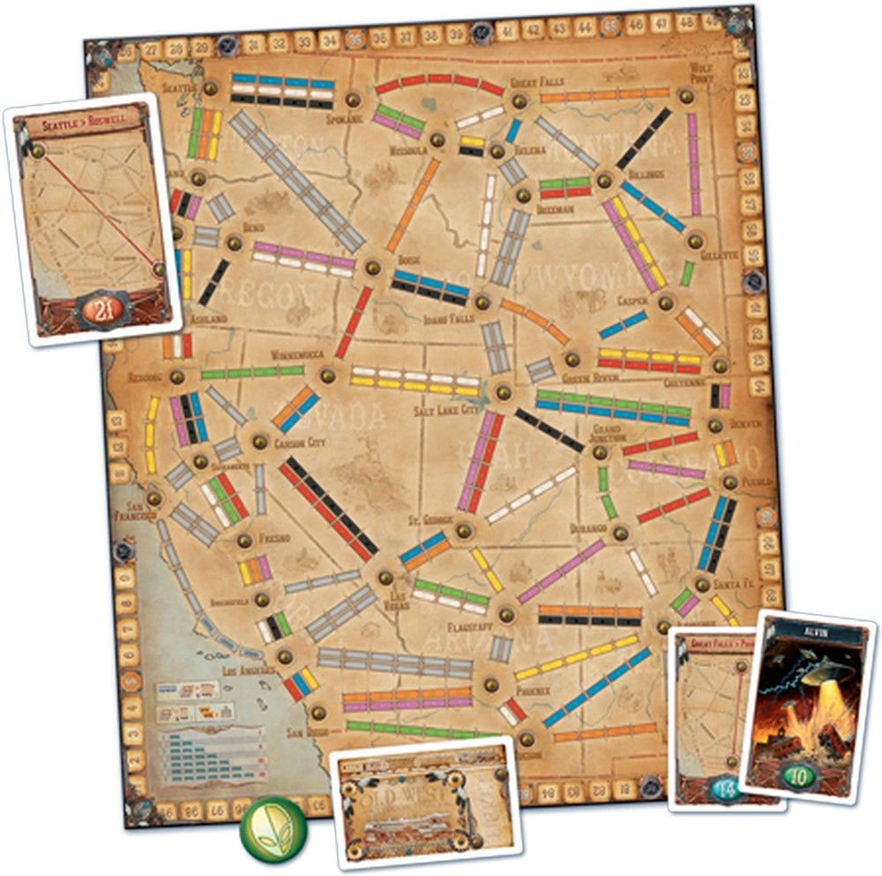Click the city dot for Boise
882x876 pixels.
(372, 266)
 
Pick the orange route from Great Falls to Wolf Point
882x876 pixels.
(602, 95)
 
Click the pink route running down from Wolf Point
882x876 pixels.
(693, 163)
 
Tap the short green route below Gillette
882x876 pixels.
(686, 273)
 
